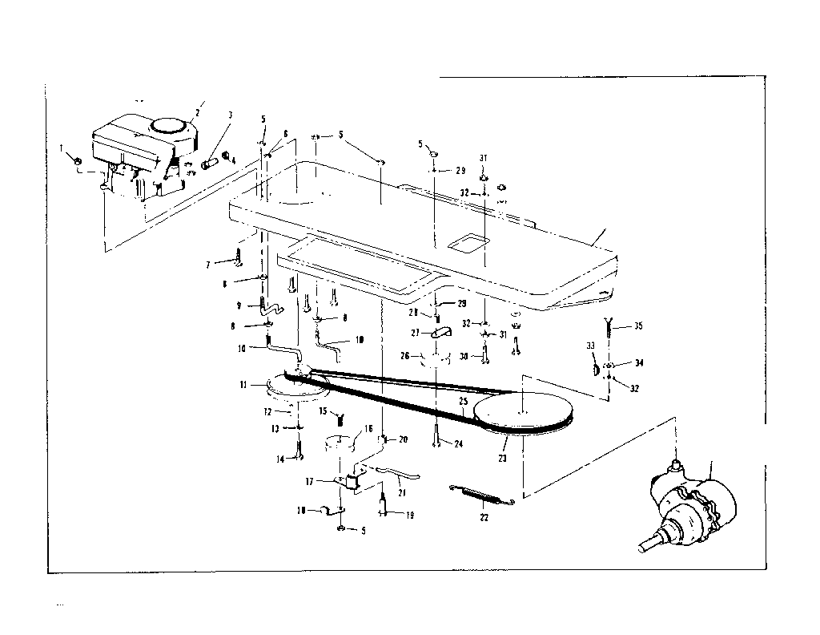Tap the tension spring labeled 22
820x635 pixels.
click(x=480, y=495)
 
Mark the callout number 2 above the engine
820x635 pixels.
click(x=200, y=104)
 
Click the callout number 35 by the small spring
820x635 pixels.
click(x=637, y=326)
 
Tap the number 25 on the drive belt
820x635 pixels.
click(x=463, y=400)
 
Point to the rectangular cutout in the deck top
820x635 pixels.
click(x=469, y=243)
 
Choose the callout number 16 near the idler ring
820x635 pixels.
click(x=368, y=429)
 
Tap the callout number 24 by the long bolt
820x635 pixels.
click(x=458, y=443)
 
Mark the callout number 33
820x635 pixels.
click(x=591, y=346)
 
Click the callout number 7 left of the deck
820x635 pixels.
click(x=209, y=263)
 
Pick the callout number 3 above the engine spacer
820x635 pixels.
click(x=230, y=115)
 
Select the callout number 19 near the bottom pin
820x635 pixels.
click(x=410, y=516)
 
